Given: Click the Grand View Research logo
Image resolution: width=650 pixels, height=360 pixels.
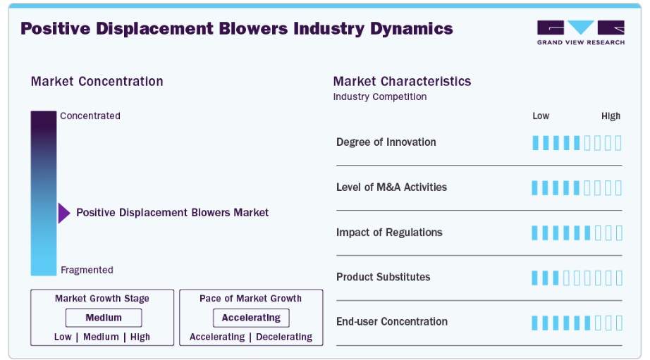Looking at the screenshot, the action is (581, 32).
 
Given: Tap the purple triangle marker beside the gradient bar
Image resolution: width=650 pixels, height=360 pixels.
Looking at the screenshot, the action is (64, 213).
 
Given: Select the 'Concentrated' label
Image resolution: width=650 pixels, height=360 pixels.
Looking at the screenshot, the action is (90, 116).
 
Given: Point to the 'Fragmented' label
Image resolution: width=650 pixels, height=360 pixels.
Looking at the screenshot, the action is (87, 270).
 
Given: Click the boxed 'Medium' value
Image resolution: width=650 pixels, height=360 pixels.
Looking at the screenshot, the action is (104, 318).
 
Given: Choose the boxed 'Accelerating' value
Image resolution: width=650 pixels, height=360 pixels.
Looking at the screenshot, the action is (251, 318).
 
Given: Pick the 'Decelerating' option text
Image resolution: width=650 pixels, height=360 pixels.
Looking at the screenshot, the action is (284, 337).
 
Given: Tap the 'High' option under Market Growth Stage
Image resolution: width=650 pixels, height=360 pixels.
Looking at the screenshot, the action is (140, 337).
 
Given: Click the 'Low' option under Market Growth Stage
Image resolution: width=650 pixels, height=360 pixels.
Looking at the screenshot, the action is (63, 337).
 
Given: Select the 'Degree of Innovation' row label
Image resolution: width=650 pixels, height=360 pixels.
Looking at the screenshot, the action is (386, 142).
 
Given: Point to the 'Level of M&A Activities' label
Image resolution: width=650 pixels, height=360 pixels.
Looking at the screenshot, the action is (391, 187).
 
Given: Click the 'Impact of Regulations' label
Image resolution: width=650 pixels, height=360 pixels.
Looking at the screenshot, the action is (389, 232).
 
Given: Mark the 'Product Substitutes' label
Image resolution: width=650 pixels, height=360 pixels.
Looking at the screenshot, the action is (383, 277).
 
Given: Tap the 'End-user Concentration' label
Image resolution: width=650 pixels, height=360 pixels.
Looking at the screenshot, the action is (392, 321).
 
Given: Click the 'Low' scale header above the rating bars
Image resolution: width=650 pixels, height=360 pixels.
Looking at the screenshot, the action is (541, 116).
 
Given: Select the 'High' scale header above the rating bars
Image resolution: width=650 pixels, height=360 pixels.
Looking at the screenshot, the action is (611, 116).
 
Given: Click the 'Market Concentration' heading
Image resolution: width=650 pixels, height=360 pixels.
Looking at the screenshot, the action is (97, 81).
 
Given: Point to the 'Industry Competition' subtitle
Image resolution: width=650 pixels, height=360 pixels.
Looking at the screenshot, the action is (380, 97).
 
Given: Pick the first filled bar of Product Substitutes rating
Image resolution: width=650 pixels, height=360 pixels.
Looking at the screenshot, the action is (535, 278).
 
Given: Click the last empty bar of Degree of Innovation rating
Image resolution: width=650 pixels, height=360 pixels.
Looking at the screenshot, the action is (618, 143).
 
